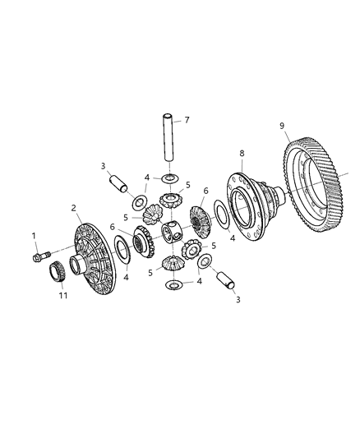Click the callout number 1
35,237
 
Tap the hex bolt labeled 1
38,257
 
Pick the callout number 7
186,121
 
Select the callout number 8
282,126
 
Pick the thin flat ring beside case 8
221,215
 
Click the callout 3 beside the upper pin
104,167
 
